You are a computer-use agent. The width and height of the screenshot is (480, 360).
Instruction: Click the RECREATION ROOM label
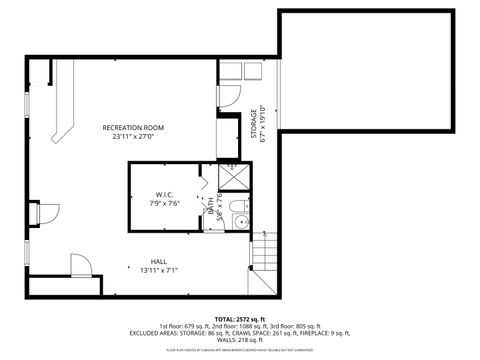click(133, 128)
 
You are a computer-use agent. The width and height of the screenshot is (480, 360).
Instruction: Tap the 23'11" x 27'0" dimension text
click(133, 137)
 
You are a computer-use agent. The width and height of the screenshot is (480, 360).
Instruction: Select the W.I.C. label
click(165, 194)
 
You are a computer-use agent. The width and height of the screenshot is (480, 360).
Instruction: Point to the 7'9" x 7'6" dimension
click(165, 203)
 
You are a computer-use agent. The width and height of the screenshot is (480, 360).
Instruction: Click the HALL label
click(145, 261)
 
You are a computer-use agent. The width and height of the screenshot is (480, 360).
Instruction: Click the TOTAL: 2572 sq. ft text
click(239, 317)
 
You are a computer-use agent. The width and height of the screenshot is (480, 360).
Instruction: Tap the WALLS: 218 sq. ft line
click(239, 342)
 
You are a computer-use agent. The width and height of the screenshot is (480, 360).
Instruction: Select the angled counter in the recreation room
click(60, 110)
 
